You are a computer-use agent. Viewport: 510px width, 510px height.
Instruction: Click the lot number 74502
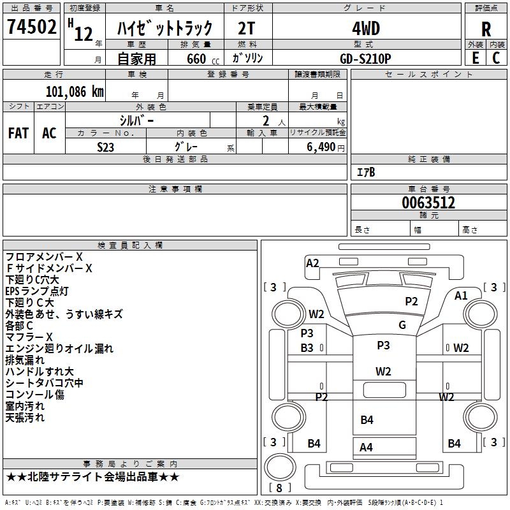tap(31, 28)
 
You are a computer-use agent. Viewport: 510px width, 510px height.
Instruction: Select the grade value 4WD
tap(365, 29)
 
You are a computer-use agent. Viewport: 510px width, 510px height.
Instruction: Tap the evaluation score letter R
tap(486, 29)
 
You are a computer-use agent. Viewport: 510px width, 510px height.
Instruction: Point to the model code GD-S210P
tap(365, 57)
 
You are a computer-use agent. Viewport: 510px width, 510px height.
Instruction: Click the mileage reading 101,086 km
tap(74, 92)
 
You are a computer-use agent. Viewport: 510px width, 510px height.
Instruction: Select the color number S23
tap(106, 147)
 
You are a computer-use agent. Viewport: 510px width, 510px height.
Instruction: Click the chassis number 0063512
tap(428, 203)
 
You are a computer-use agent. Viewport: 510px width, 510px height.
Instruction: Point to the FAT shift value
tap(18, 133)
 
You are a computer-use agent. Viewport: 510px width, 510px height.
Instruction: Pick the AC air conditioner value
tap(49, 133)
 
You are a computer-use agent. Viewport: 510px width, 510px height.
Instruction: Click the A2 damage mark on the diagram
tap(312, 263)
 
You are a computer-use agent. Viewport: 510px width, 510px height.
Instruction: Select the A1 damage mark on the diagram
tap(461, 295)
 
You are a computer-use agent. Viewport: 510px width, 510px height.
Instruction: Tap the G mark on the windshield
tap(402, 324)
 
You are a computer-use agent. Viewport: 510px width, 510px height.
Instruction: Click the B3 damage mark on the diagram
tap(307, 347)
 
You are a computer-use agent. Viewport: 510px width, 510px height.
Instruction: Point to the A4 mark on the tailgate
tap(366, 447)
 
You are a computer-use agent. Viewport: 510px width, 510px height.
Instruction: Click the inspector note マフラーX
tap(29, 337)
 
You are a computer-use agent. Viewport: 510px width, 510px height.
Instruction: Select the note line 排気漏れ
tap(25, 360)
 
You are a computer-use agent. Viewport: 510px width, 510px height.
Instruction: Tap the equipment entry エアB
tap(366, 172)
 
